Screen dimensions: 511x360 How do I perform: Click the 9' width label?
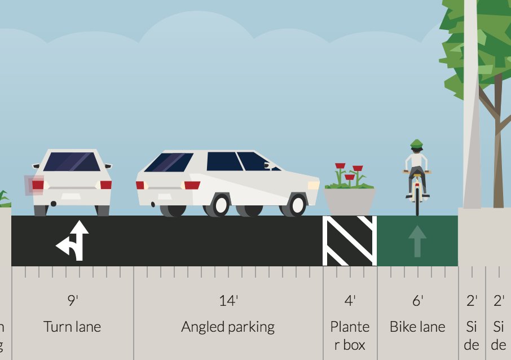[x=72, y=301]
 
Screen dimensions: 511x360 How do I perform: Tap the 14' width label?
[x=228, y=301]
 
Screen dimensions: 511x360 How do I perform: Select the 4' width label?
[x=350, y=301]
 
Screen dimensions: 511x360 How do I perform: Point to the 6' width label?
[x=417, y=301]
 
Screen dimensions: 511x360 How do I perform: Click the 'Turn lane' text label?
[x=72, y=327]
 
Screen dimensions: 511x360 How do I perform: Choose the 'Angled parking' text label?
[x=228, y=327]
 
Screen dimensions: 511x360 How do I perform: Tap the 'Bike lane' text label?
[x=417, y=327]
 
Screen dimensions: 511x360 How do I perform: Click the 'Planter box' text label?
[x=350, y=335]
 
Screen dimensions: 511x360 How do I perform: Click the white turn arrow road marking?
[x=74, y=241]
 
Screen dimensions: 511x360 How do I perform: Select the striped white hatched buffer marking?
[x=350, y=241]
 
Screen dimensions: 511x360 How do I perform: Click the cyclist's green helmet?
[x=416, y=144]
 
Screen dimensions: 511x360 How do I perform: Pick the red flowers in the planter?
[x=350, y=172]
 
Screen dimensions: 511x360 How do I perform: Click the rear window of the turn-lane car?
[x=72, y=162]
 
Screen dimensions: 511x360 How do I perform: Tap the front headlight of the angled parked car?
[x=313, y=185]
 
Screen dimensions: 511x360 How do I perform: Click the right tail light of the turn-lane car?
[x=105, y=185]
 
